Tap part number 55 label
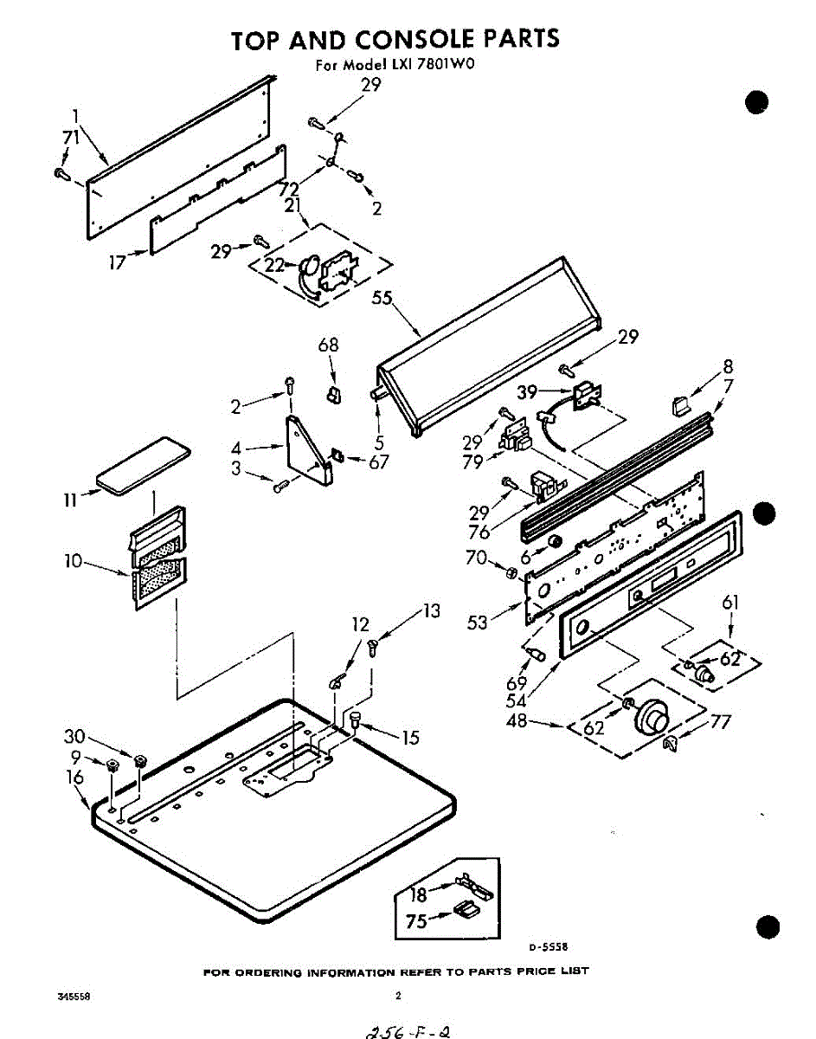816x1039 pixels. point(382,299)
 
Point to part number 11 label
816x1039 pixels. point(70,500)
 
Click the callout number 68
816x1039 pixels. point(328,345)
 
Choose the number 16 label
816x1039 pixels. point(75,778)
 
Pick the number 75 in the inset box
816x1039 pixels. point(416,922)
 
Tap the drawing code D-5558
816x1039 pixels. point(549,947)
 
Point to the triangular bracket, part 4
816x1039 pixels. point(307,446)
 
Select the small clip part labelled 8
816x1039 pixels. point(680,402)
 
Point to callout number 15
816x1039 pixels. point(409,738)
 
